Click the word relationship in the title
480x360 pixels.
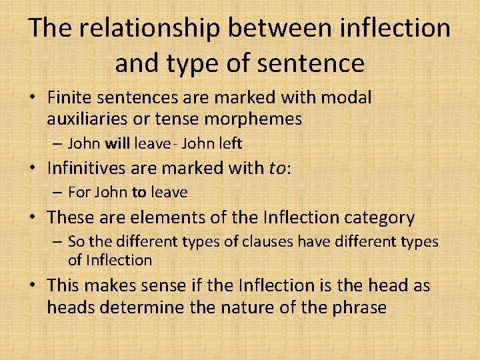click(147, 28)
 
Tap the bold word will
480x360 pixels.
click(117, 143)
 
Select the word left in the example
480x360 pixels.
click(229, 143)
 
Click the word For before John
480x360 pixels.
click(79, 193)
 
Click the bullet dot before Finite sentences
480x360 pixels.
click(32, 98)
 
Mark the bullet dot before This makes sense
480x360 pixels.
click(32, 286)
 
